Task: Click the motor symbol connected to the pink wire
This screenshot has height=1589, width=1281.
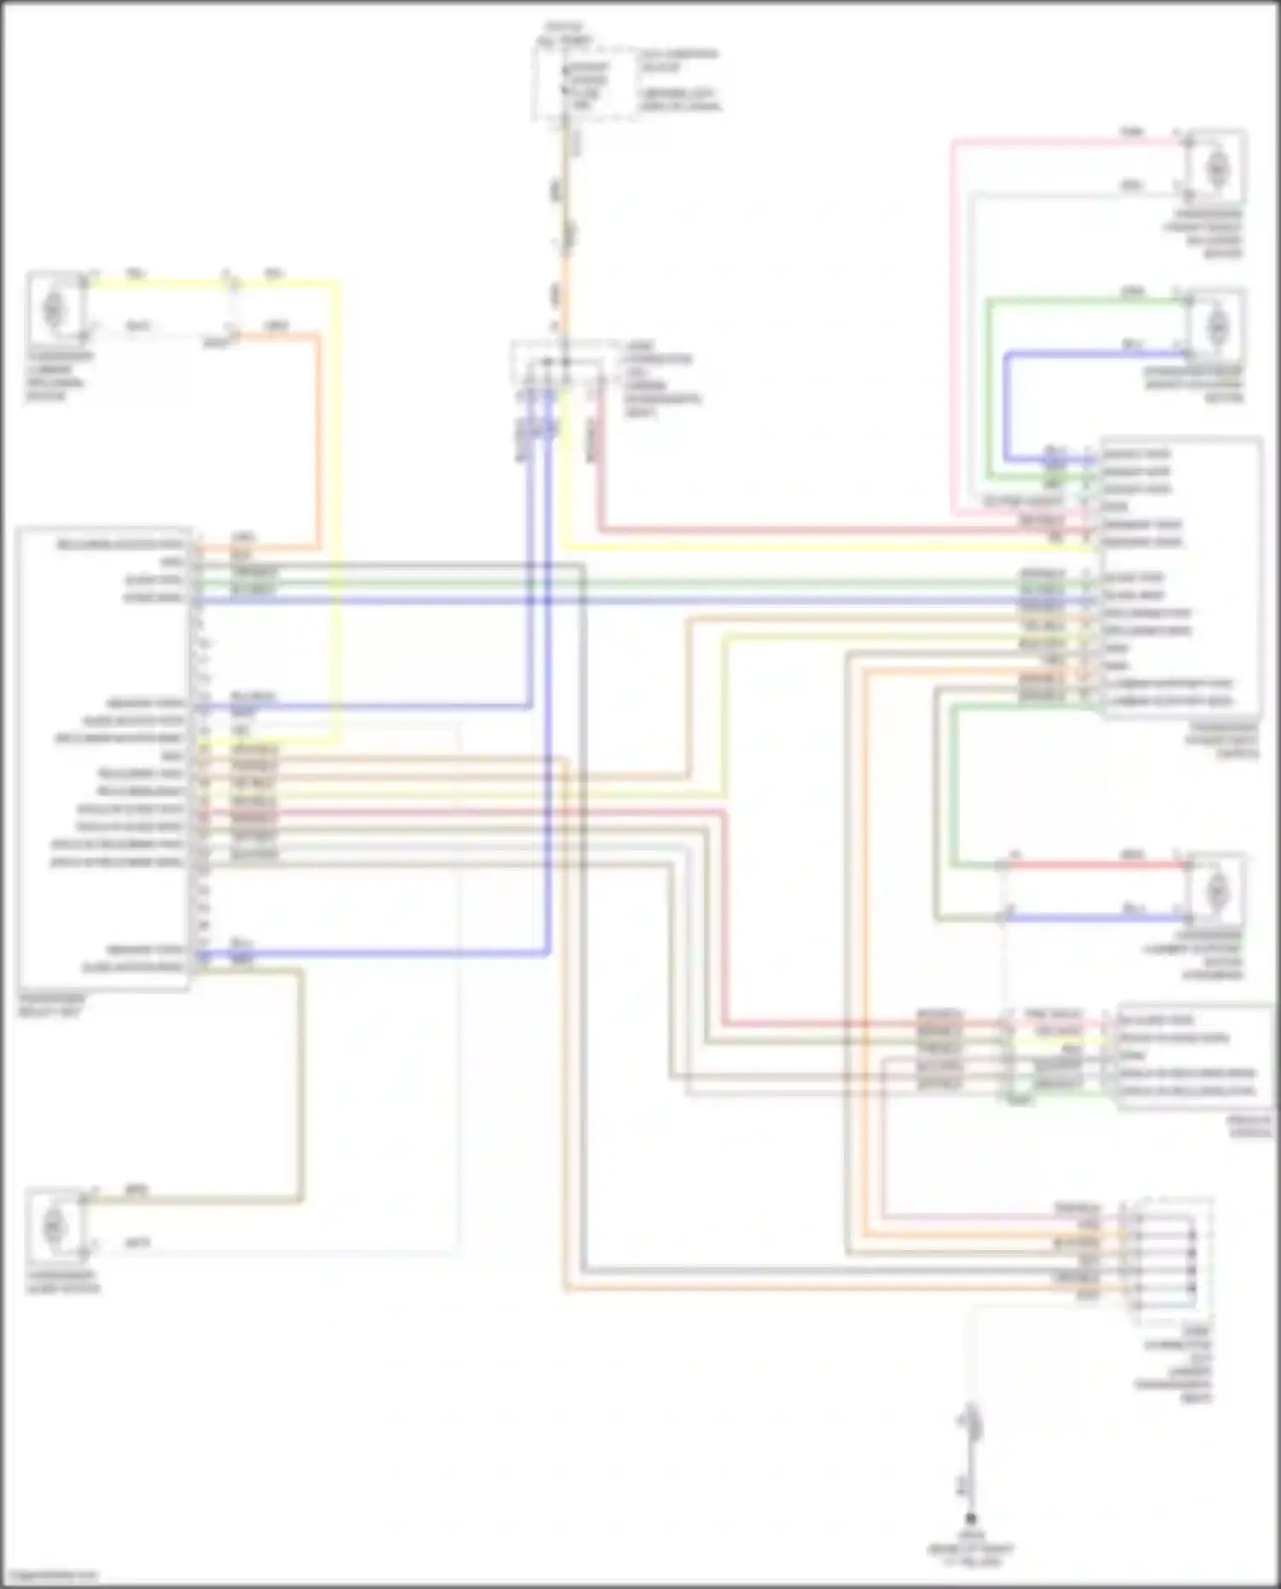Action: pyautogui.click(x=1217, y=167)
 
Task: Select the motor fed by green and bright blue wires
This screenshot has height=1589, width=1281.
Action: pyautogui.click(x=1217, y=325)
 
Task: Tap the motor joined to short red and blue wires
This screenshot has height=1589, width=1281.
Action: pyautogui.click(x=1217, y=891)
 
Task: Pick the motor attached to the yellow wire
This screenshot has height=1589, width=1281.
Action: pyautogui.click(x=54, y=306)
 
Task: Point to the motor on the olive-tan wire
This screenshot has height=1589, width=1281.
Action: pyautogui.click(x=54, y=1225)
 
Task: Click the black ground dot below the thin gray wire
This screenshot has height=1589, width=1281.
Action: pyautogui.click(x=970, y=1518)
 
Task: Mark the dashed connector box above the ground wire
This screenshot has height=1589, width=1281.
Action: pyautogui.click(x=1172, y=1260)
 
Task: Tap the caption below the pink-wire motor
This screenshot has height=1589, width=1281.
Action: pyautogui.click(x=1207, y=233)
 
